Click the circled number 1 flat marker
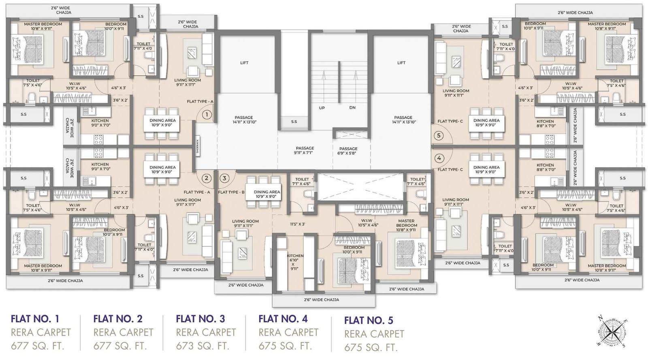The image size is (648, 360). [207, 115]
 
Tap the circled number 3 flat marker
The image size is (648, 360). [224, 178]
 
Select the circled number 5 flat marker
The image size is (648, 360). [439, 136]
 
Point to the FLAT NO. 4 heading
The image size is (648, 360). [283, 319]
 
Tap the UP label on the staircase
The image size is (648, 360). [322, 108]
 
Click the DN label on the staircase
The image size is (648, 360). [352, 108]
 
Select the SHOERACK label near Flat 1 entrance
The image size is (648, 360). [198, 146]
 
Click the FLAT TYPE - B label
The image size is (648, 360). [231, 192]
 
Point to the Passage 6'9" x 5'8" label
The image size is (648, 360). [348, 151]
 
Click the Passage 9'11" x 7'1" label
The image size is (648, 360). [305, 151]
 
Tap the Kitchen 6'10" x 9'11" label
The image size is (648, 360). [294, 262]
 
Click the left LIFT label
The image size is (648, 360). [244, 63]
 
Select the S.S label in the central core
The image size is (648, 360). [294, 121]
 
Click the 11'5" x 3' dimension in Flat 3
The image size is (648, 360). [297, 224]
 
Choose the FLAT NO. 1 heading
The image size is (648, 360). [35, 319]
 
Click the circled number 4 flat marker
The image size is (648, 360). [439, 158]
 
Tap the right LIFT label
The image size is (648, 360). [401, 63]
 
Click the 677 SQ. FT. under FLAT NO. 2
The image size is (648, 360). [120, 346]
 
